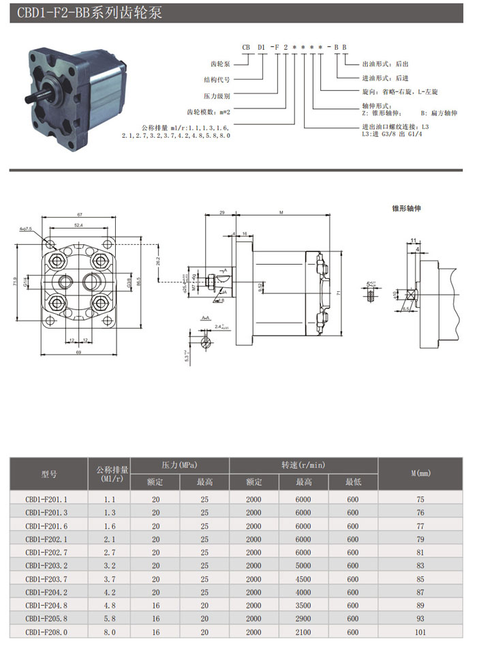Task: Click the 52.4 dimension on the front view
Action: point(78,225)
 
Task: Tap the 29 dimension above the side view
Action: point(223,213)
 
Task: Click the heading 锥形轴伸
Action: point(406,207)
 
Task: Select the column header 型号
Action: point(49,473)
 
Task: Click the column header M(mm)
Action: point(420,473)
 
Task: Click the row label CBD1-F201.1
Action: point(47,500)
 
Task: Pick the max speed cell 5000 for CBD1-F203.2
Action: point(303,566)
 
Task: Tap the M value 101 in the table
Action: point(420,631)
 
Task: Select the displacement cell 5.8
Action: point(110,618)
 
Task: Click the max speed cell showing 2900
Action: point(303,618)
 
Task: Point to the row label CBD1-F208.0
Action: point(47,631)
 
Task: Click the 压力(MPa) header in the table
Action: point(179,465)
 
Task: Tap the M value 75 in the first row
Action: point(420,500)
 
